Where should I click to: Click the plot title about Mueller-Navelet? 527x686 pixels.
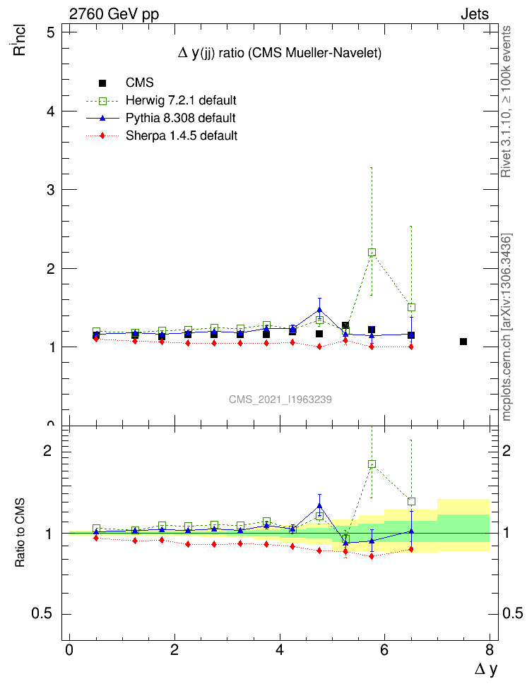pos(279,54)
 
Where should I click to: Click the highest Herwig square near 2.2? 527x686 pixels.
pos(372,253)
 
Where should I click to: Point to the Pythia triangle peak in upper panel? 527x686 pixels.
pos(319,310)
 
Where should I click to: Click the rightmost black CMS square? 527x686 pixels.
pos(463,342)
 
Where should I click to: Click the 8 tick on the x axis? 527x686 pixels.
pos(490,649)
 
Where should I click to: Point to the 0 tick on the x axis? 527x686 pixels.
pos(69,649)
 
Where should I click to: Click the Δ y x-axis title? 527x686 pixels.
pos(485,670)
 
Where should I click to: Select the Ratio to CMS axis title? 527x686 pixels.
pos(21,534)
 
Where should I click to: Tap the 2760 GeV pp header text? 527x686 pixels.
pos(114,14)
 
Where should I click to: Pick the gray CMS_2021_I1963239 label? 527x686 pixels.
pos(280,399)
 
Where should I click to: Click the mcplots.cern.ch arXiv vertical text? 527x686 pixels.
pos(507,327)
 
